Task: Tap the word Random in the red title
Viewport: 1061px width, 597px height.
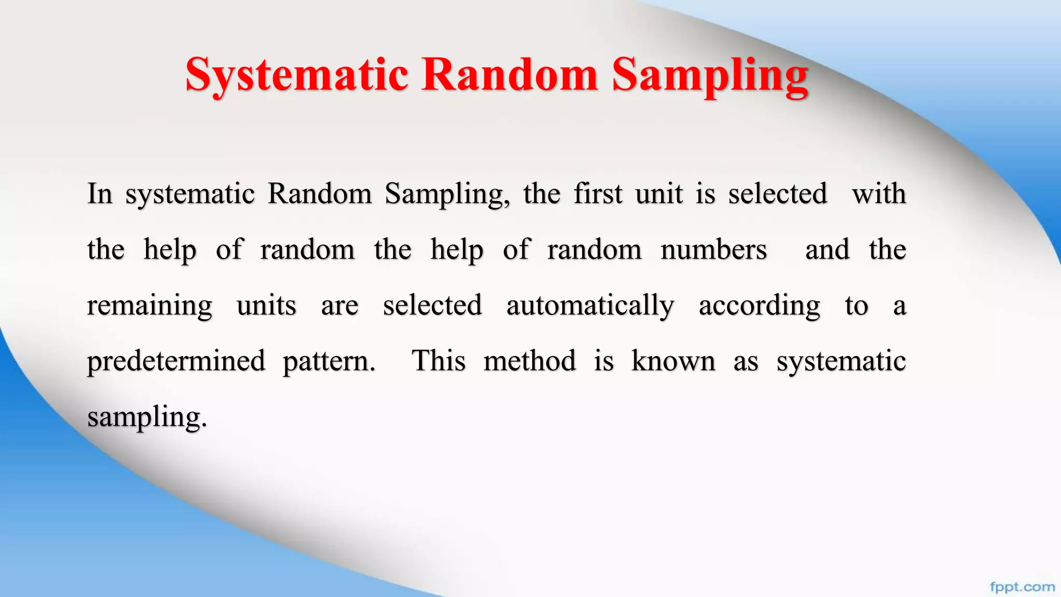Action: coord(510,76)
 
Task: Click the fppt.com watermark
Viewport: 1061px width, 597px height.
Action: coord(1022,587)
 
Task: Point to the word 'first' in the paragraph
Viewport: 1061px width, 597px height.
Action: coord(598,194)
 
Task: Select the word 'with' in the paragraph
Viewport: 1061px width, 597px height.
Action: coord(879,194)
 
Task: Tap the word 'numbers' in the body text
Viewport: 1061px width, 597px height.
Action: coord(713,250)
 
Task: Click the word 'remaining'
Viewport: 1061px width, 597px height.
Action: coord(150,306)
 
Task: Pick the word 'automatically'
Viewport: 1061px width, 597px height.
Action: coord(590,306)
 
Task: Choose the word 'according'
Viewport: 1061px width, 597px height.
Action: coord(759,306)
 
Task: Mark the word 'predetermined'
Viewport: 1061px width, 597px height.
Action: coord(176,361)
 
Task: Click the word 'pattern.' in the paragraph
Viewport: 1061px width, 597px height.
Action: coord(329,361)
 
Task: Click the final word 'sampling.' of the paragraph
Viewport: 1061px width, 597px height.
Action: coord(147,417)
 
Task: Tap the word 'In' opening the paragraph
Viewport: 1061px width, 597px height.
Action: coord(99,194)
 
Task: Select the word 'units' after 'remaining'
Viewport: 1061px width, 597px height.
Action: coord(266,306)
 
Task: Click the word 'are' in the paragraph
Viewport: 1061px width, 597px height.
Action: coord(339,306)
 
